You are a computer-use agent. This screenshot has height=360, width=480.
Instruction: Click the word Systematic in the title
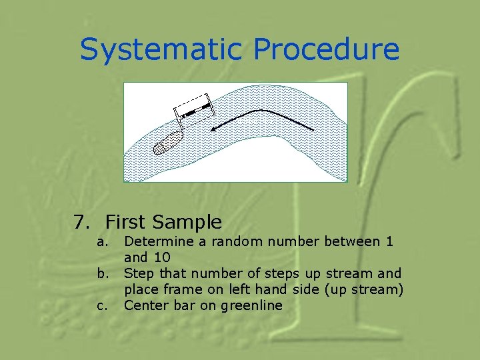click(163, 49)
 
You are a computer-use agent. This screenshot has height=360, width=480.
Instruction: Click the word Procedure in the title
click(327, 49)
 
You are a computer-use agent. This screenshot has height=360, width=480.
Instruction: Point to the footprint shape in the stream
click(167, 143)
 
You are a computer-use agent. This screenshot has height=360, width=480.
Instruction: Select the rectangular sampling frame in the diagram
click(192, 110)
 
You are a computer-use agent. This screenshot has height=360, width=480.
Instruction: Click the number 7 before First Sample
click(80, 221)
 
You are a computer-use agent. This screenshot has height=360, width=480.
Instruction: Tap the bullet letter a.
click(101, 241)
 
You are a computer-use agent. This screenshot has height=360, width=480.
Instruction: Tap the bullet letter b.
click(101, 273)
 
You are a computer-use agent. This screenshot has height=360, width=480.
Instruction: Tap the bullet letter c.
click(101, 306)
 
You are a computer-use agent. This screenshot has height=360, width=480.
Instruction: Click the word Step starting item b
click(138, 273)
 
